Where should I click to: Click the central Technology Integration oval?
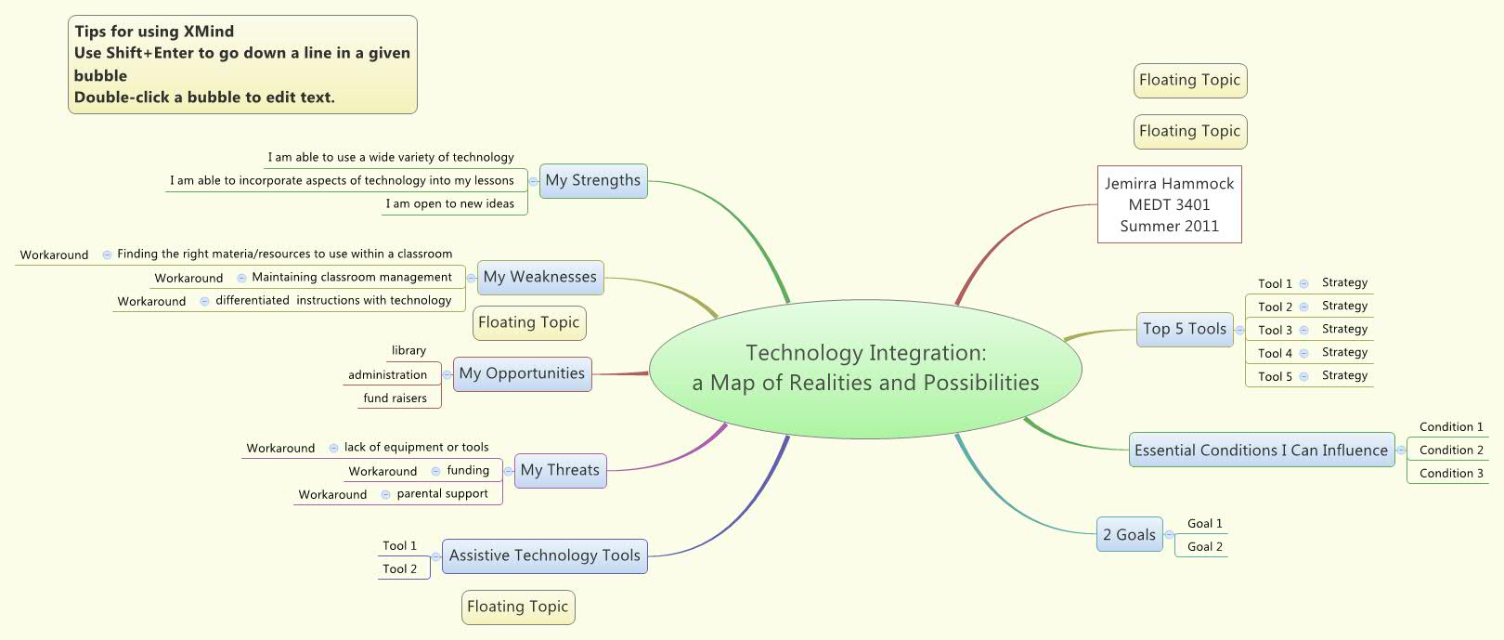(x=865, y=368)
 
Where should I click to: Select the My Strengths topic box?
(x=592, y=181)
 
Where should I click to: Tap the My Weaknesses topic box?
(x=539, y=278)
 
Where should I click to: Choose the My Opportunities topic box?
(x=522, y=374)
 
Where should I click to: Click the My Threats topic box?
(x=560, y=471)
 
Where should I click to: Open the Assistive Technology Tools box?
(x=544, y=556)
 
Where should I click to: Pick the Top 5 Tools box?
(x=1185, y=330)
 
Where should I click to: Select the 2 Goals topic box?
(x=1129, y=535)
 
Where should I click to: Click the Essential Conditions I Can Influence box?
(x=1261, y=451)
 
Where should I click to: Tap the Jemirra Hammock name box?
(x=1169, y=204)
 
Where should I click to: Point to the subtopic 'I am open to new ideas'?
(x=450, y=204)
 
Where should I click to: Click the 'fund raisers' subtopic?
(x=395, y=398)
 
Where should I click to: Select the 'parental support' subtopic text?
(x=442, y=494)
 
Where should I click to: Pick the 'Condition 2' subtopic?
(x=1451, y=451)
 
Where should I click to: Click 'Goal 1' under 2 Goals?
(x=1205, y=524)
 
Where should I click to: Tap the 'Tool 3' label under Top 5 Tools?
(x=1275, y=330)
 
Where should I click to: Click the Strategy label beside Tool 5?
(x=1344, y=376)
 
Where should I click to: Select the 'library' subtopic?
(x=408, y=351)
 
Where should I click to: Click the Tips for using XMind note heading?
(x=154, y=32)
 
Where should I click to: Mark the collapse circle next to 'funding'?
(x=436, y=472)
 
